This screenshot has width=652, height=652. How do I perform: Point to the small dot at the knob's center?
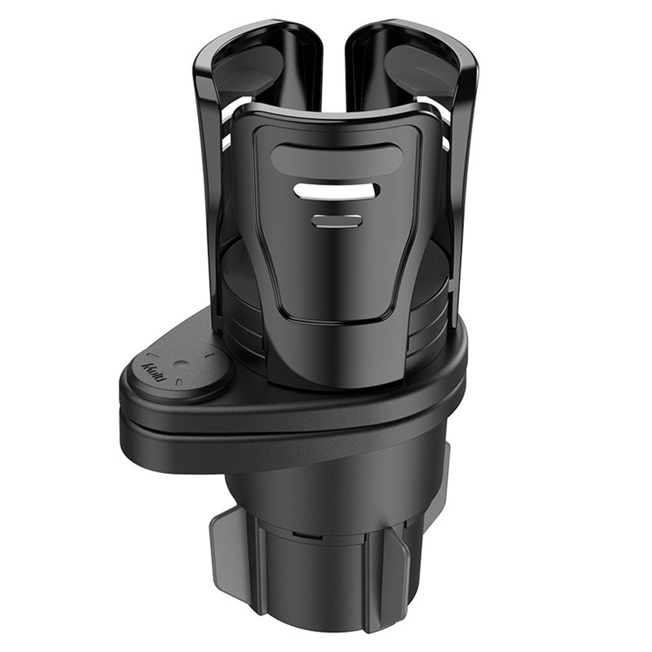coord(183,366)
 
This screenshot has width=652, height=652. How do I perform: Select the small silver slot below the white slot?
coord(336,220)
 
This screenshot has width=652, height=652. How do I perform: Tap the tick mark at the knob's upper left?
coord(156,355)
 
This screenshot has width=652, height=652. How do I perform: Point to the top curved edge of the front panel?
coord(336,112)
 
